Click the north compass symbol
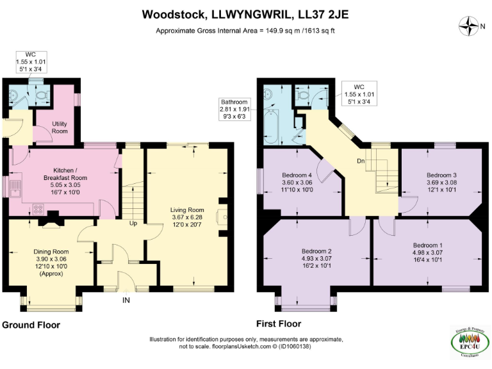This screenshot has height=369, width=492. coord(472,26)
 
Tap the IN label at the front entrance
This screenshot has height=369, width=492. coord(126,299)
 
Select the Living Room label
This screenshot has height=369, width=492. coord(187,209)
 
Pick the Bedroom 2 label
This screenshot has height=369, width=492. coord(317,252)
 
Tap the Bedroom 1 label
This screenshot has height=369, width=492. coord(427,245)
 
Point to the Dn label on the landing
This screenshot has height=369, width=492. coord(361,161)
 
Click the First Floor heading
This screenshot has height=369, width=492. coord(279,324)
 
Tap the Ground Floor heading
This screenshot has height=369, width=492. coord(31,325)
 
